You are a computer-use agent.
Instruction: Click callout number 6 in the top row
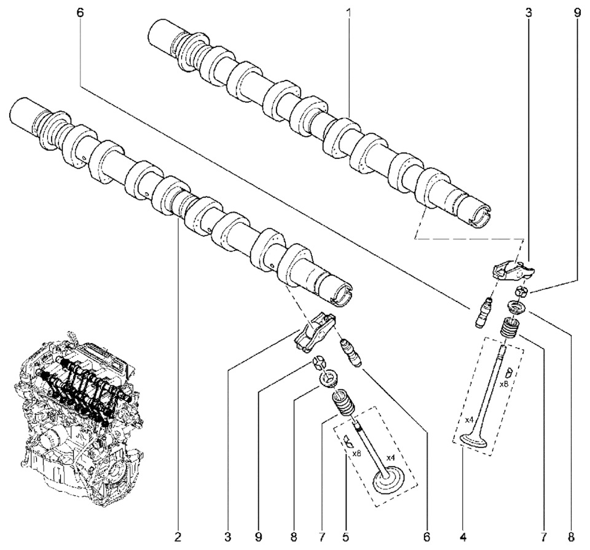point(81,12)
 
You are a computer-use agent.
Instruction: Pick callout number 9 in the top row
point(577,12)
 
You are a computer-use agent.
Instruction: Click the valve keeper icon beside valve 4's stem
point(508,373)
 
